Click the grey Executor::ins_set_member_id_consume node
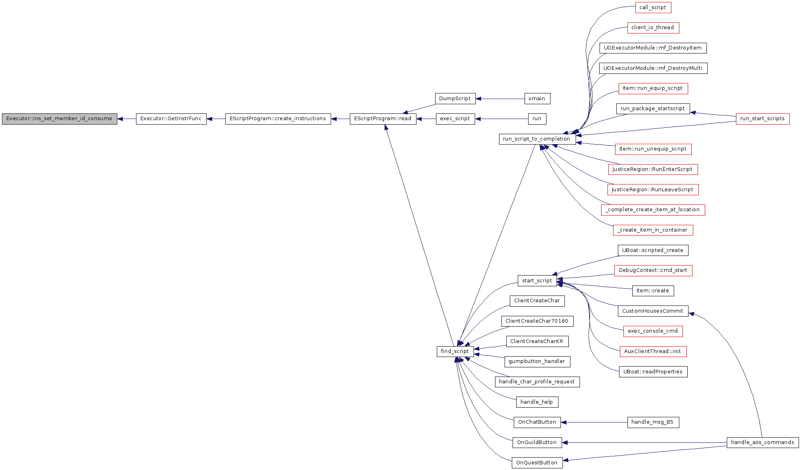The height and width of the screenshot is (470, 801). click(x=59, y=119)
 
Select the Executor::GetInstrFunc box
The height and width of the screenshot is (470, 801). click(x=171, y=119)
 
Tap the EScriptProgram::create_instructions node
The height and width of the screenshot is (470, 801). click(x=278, y=119)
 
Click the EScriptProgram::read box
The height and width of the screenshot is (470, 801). click(x=383, y=119)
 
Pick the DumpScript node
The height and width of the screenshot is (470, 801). click(x=455, y=99)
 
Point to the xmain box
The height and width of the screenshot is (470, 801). click(x=537, y=99)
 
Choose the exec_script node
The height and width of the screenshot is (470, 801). click(x=455, y=119)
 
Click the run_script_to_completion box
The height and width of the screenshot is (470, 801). click(x=537, y=139)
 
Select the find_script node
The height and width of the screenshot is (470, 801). click(x=455, y=351)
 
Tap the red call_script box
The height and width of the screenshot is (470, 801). click(x=653, y=8)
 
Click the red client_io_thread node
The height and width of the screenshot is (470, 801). click(x=653, y=28)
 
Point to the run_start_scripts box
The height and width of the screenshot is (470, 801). click(x=763, y=119)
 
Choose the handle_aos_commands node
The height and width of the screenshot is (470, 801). click(x=763, y=442)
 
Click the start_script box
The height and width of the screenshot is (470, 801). click(x=537, y=281)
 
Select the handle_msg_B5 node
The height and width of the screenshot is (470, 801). click(x=653, y=422)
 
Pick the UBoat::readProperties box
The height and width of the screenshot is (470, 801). click(x=653, y=372)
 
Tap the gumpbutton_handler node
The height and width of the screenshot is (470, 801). click(x=537, y=361)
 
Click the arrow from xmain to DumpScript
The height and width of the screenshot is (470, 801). click(x=500, y=99)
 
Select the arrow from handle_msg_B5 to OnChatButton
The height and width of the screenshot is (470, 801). click(x=594, y=422)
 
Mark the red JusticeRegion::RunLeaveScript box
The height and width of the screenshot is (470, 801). click(x=653, y=190)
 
